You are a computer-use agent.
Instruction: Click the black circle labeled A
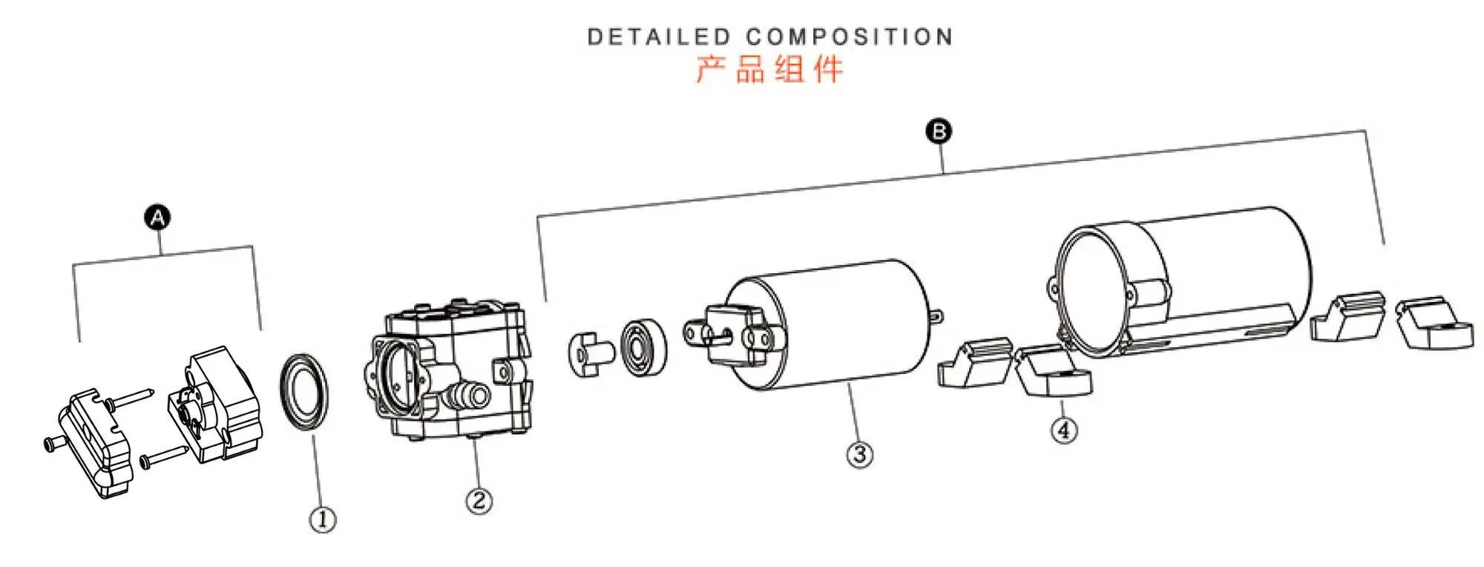[157, 218]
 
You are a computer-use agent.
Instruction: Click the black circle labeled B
[939, 131]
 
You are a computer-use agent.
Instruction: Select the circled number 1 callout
[322, 520]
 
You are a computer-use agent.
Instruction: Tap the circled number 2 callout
[479, 501]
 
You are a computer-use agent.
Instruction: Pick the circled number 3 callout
[860, 454]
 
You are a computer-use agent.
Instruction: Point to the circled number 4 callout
[1064, 430]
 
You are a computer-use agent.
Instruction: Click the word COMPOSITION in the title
[849, 37]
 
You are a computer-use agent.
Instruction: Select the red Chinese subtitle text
[769, 70]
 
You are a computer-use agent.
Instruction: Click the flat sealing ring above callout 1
[303, 391]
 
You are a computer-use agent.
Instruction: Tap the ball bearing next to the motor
[643, 347]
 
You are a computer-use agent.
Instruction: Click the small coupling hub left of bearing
[588, 354]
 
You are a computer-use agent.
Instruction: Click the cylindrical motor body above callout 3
[831, 327]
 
